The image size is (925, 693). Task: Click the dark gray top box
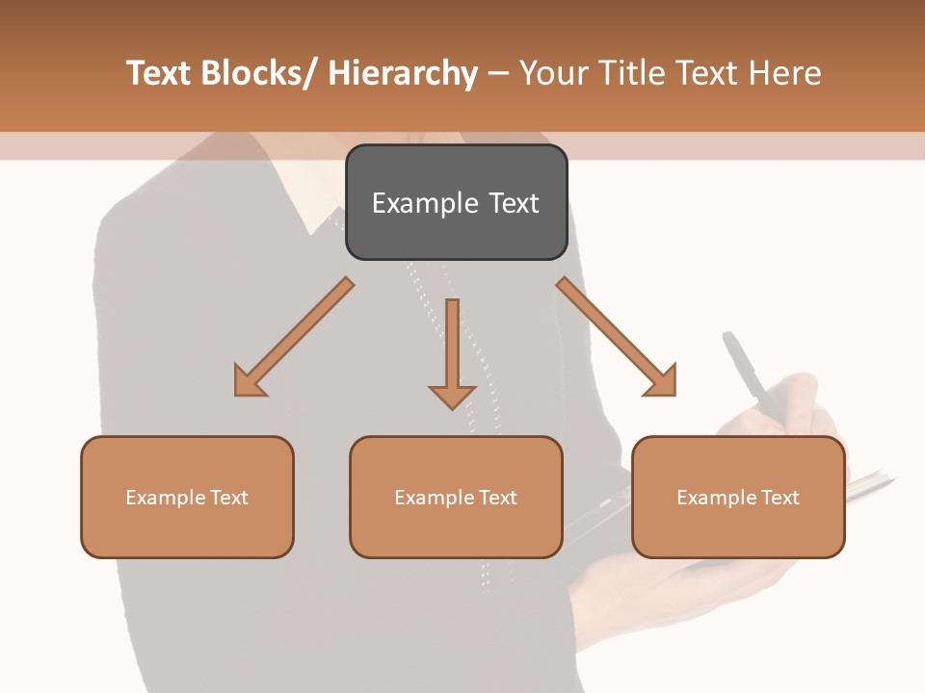pyautogui.click(x=456, y=202)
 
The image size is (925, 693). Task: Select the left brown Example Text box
pyautogui.click(x=187, y=497)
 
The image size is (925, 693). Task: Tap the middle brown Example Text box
pyautogui.click(x=456, y=497)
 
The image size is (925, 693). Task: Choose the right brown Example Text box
pyautogui.click(x=738, y=497)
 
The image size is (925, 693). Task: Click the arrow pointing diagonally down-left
pyautogui.click(x=294, y=337)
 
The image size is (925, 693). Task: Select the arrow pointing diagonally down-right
pyautogui.click(x=617, y=337)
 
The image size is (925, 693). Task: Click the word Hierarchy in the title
pyautogui.click(x=403, y=74)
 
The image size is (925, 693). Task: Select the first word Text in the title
pyautogui.click(x=158, y=74)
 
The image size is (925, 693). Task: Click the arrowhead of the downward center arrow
pyautogui.click(x=452, y=395)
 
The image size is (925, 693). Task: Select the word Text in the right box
pyautogui.click(x=779, y=498)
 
